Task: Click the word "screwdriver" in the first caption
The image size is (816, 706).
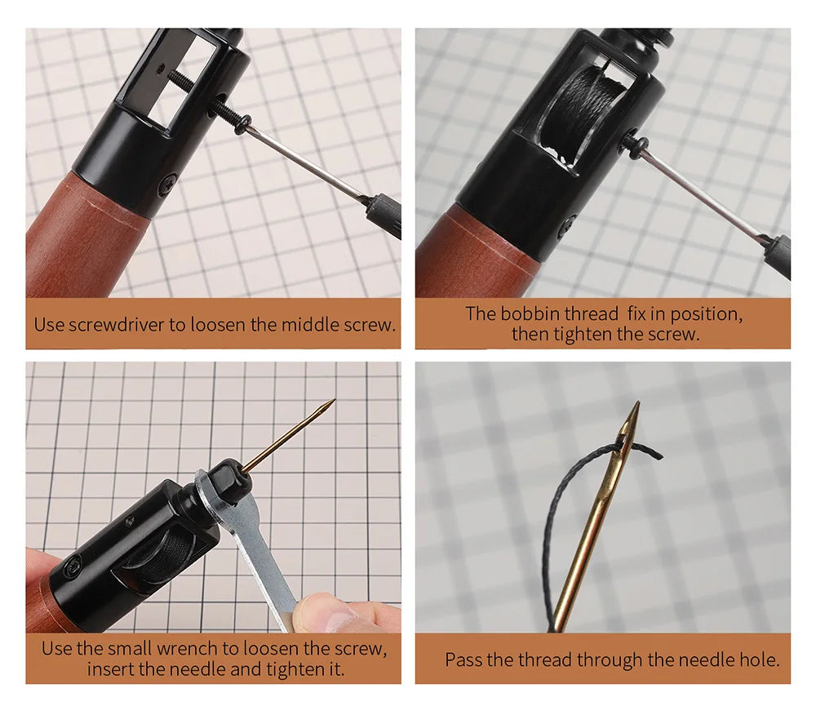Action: (117, 325)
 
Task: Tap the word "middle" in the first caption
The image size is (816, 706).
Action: (310, 324)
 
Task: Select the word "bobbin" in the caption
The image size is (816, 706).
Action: (530, 314)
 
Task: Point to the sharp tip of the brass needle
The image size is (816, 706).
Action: (637, 402)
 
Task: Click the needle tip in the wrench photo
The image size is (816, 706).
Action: (333, 401)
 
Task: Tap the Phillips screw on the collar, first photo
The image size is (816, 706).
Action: (170, 184)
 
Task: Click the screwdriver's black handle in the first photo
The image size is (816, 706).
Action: (384, 213)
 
